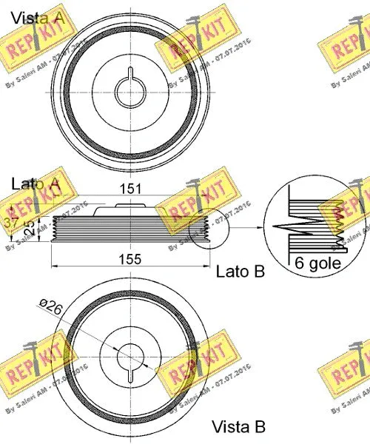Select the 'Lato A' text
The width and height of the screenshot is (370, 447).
36,182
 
